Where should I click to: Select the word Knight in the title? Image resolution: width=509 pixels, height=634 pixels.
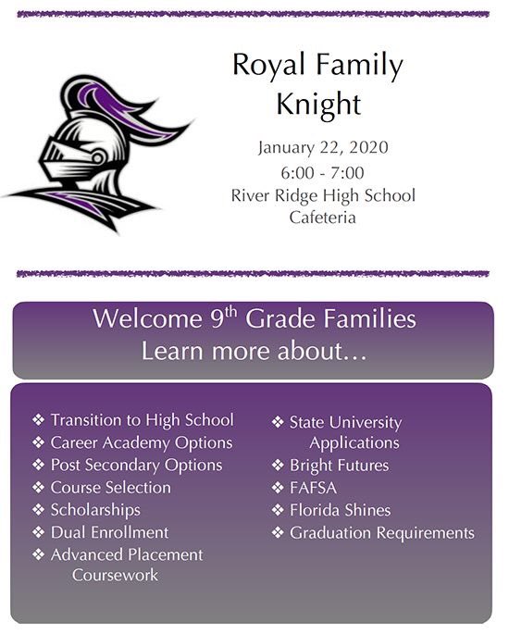tap(317, 105)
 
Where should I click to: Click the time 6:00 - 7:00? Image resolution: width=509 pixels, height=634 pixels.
tap(322, 172)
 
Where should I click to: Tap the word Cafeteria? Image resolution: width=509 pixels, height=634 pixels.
tap(322, 218)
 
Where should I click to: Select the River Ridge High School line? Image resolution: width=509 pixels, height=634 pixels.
tap(322, 195)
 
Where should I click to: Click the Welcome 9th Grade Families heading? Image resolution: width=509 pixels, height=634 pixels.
tap(254, 320)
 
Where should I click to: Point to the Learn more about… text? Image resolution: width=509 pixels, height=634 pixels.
tap(254, 352)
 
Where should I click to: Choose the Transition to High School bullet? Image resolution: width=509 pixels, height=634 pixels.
tap(142, 420)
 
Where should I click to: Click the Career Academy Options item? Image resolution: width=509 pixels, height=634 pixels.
tap(141, 443)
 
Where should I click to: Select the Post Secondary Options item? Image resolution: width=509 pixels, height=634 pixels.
tap(136, 466)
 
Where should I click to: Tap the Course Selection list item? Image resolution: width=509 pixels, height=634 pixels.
tap(110, 488)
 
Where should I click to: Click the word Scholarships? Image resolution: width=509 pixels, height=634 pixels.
tap(95, 510)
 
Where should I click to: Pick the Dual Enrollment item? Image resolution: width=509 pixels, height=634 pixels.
tap(109, 533)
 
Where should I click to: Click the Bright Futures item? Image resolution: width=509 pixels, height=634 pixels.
tap(339, 466)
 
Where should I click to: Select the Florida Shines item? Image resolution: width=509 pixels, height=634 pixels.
tap(340, 510)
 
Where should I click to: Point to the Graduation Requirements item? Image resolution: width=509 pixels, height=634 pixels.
tap(381, 533)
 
